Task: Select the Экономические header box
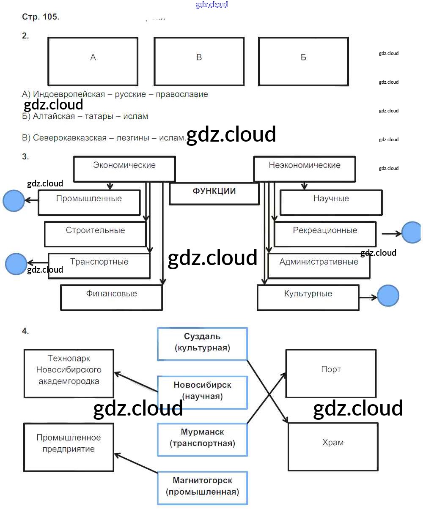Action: [124, 169]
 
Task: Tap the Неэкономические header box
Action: [305, 169]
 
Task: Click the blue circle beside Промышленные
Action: [14, 200]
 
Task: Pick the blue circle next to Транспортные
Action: [16, 264]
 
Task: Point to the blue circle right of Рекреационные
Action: [411, 233]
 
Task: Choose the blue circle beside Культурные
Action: [388, 296]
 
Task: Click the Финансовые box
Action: [111, 297]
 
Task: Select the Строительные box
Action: [95, 234]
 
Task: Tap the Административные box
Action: [319, 265]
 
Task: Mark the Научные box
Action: [331, 202]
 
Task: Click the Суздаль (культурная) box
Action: [202, 343]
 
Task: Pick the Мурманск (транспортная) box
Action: [202, 439]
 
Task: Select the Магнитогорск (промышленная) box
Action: [202, 487]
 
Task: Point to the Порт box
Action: [331, 373]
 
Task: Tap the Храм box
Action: [333, 446]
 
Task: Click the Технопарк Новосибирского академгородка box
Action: [69, 373]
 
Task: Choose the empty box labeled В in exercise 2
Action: [199, 61]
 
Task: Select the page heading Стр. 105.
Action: [41, 17]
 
